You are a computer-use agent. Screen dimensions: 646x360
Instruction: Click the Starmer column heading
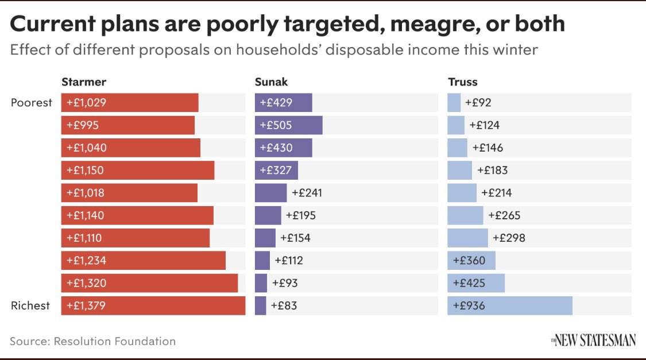(x=84, y=82)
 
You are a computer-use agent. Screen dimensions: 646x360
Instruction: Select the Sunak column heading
(x=271, y=82)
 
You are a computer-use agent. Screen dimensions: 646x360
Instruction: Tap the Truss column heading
(x=463, y=82)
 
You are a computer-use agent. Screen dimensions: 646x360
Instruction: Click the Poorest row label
(x=32, y=103)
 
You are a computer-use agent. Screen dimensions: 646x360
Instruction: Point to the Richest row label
(x=30, y=305)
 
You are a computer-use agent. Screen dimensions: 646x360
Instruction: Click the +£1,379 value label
(x=86, y=305)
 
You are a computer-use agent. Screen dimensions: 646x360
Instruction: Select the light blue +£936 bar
(x=510, y=305)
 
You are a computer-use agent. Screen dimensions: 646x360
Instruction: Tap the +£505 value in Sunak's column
(x=276, y=125)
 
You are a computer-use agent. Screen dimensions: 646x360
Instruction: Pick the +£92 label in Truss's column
(x=478, y=103)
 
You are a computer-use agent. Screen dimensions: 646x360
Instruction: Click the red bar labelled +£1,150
(x=138, y=170)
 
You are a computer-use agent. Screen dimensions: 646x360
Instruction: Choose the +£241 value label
(x=307, y=193)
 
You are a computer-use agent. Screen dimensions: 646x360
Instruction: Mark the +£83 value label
(x=284, y=305)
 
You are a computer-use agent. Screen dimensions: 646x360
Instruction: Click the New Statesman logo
(x=593, y=340)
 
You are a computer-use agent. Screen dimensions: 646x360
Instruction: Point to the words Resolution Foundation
(x=114, y=341)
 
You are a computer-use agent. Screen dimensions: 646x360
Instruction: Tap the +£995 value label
(x=82, y=125)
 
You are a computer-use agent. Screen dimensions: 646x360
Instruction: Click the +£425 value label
(x=469, y=283)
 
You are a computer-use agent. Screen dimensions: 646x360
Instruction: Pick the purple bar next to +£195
(x=268, y=215)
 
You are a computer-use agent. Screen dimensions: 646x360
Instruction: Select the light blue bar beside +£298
(x=467, y=238)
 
